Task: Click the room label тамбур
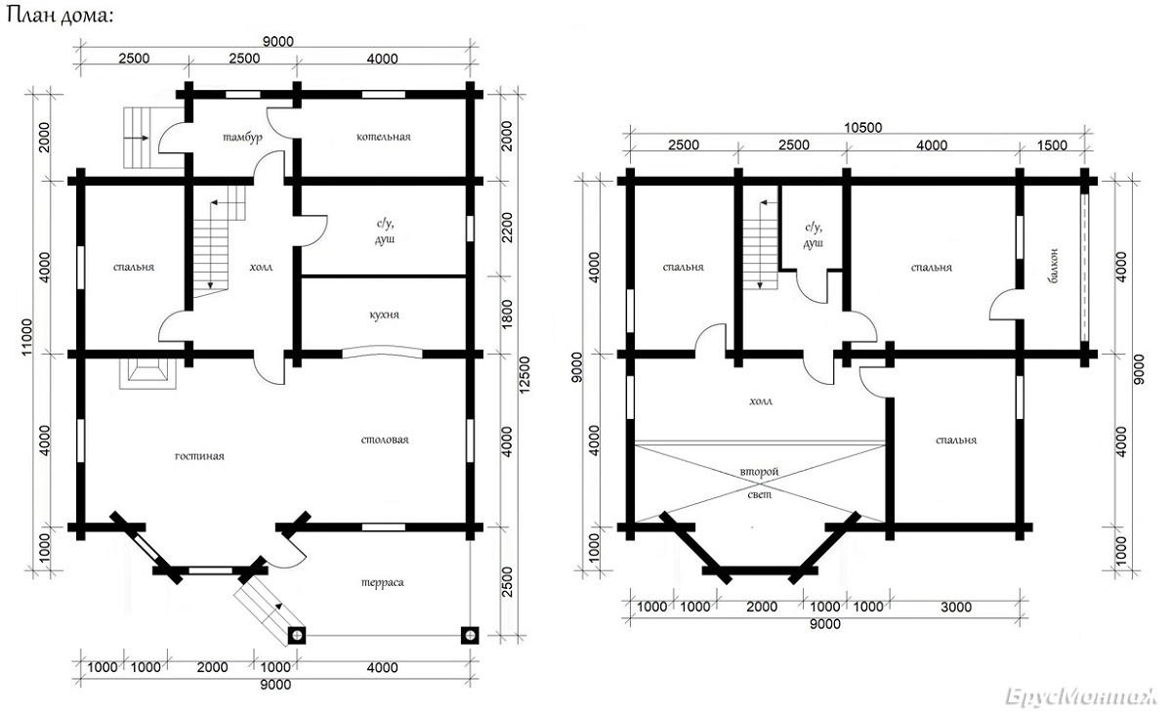point(243,138)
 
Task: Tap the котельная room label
point(384,137)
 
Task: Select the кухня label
point(384,315)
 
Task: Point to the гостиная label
point(199,456)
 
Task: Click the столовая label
point(385,440)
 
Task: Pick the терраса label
point(383,582)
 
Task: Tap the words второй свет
point(759,484)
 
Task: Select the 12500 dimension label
point(524,374)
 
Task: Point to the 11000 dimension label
point(26,337)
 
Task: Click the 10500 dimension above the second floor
point(862,127)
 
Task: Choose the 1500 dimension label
point(1052,145)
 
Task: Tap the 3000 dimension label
point(956,608)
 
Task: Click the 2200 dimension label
point(507,228)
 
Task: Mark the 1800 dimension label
point(507,315)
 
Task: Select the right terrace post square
point(470,636)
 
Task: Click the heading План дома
point(61,16)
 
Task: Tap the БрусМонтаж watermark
point(1081,696)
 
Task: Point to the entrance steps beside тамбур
point(142,138)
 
